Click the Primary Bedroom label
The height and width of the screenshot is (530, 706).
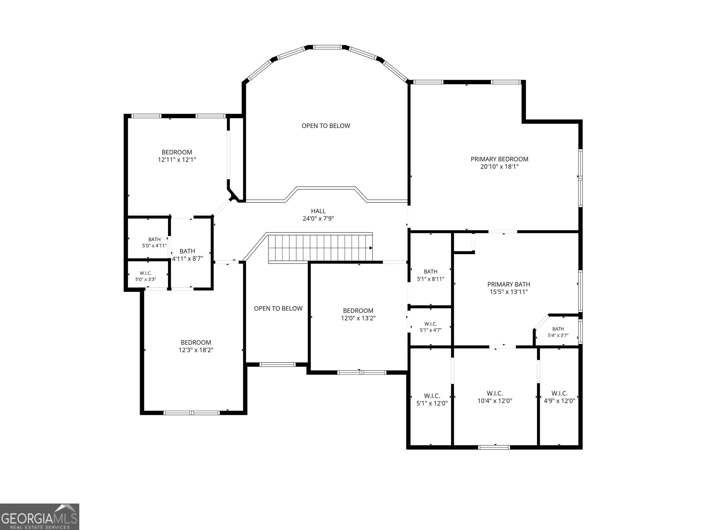click(x=499, y=159)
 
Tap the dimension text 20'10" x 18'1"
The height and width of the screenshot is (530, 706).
click(x=499, y=167)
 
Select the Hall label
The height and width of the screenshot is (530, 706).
click(x=318, y=211)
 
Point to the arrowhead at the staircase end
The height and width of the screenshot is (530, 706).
click(x=371, y=248)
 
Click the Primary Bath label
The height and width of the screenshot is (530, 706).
click(x=509, y=284)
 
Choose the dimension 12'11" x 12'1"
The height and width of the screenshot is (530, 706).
click(x=177, y=160)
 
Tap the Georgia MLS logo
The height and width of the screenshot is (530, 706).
click(x=40, y=517)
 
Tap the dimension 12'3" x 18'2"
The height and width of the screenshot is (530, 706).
click(x=196, y=350)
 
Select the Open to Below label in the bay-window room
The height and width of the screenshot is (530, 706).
click(x=326, y=126)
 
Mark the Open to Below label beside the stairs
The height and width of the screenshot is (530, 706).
click(x=278, y=308)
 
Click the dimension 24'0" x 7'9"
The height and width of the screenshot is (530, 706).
click(x=318, y=219)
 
